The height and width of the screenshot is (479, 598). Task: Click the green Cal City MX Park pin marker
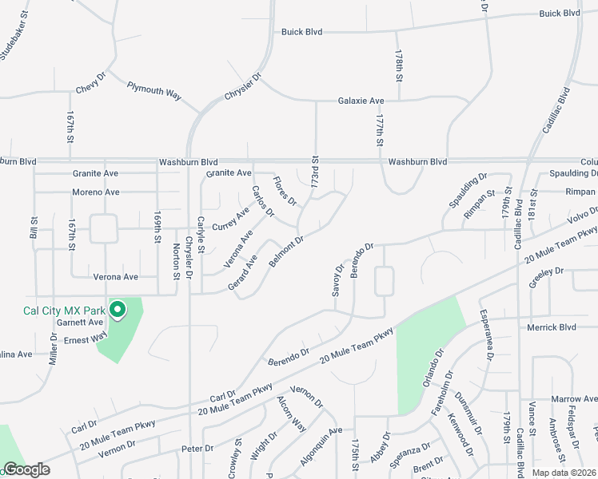[118, 309]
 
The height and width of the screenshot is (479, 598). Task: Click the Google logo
[26, 469]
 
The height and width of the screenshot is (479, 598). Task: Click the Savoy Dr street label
[337, 281]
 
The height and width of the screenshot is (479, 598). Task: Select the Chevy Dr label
[90, 82]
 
